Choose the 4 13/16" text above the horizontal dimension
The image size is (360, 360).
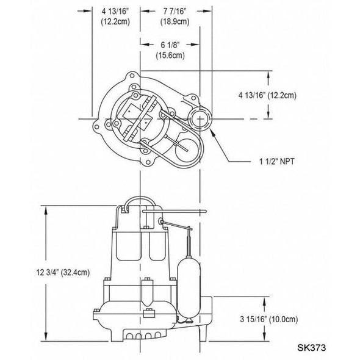[x=115, y=10]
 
